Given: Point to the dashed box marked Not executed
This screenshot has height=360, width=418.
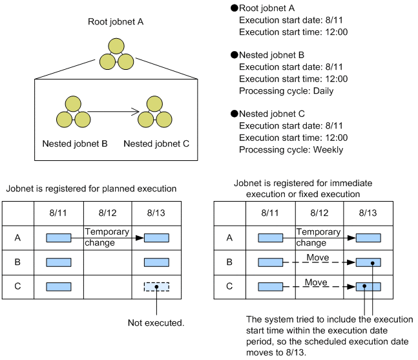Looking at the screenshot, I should (156, 286).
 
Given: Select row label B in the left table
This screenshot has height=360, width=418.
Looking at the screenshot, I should (17, 262).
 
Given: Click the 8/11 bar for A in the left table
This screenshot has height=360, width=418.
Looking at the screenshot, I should (59, 238).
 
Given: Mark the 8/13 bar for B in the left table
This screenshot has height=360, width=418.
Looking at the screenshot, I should (156, 262).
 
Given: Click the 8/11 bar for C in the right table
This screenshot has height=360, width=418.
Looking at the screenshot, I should (270, 286).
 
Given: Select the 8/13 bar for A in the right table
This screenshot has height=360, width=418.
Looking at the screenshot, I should (368, 238).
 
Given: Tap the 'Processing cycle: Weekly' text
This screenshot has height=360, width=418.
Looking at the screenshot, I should (291, 149).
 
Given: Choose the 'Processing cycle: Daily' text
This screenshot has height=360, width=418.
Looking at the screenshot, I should (286, 90).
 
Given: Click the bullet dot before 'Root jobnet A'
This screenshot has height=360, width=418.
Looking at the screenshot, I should (235, 8).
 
